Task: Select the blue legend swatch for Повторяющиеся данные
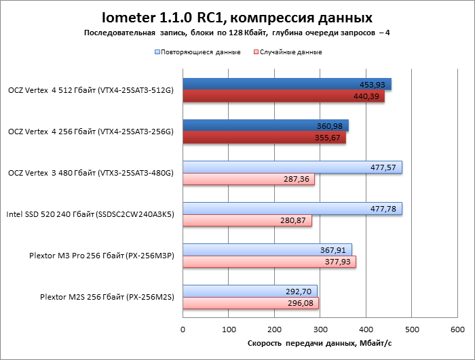click(x=157, y=52)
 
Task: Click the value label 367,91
click(x=333, y=250)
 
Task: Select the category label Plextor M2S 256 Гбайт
click(x=107, y=297)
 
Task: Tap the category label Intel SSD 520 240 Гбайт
click(x=90, y=214)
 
